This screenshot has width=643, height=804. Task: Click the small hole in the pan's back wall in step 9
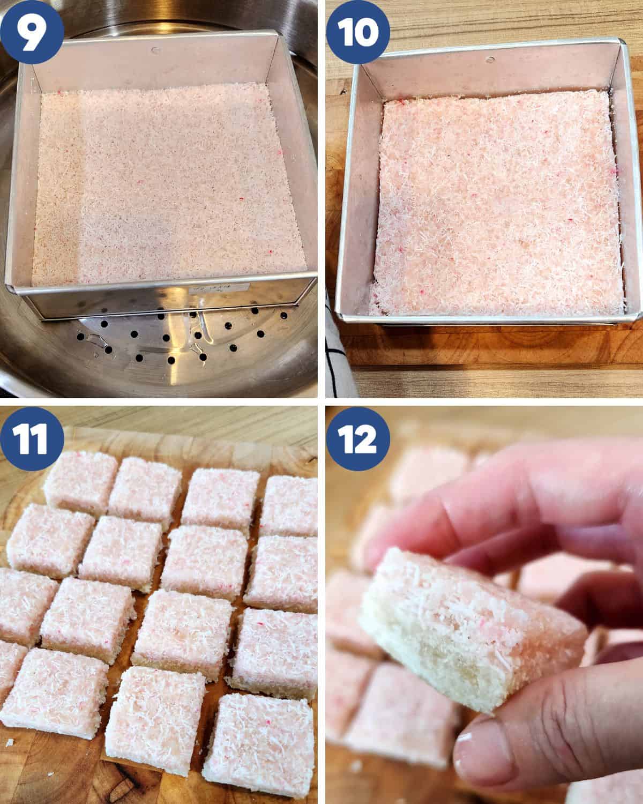(155, 51)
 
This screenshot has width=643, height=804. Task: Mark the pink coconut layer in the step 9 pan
(161, 188)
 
